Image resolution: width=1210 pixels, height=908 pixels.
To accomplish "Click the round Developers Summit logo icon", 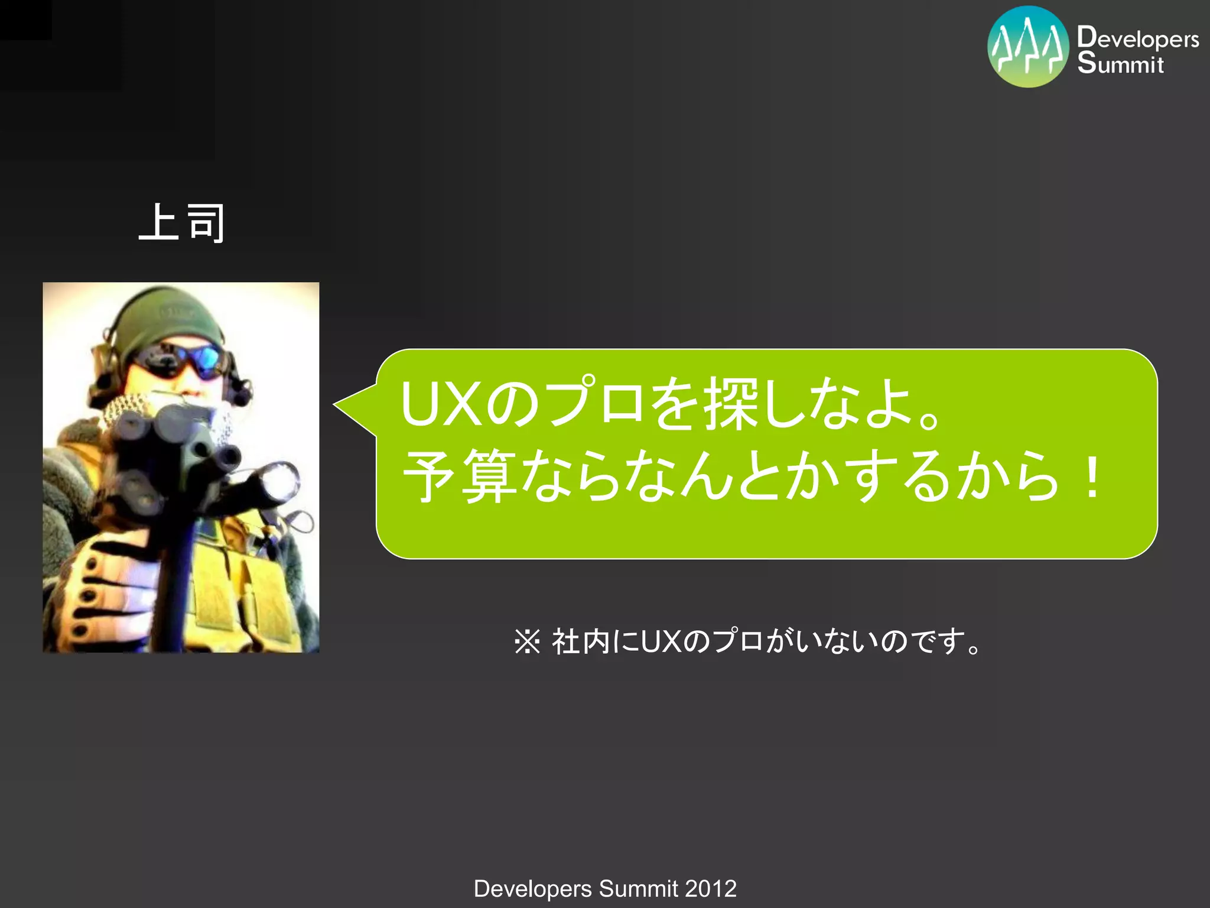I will (1028, 47).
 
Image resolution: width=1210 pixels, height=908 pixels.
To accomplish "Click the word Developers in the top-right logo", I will (1138, 38).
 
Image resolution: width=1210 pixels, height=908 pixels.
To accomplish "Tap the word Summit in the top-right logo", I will (1120, 63).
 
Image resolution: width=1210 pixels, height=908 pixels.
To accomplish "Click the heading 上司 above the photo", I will (182, 223).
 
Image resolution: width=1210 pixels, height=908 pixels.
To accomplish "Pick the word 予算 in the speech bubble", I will (460, 476).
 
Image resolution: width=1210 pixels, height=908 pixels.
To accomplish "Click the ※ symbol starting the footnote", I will (527, 642).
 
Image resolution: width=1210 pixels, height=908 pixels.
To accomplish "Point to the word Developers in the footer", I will (532, 888).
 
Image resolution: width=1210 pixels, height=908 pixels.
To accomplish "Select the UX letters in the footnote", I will (662, 642).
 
